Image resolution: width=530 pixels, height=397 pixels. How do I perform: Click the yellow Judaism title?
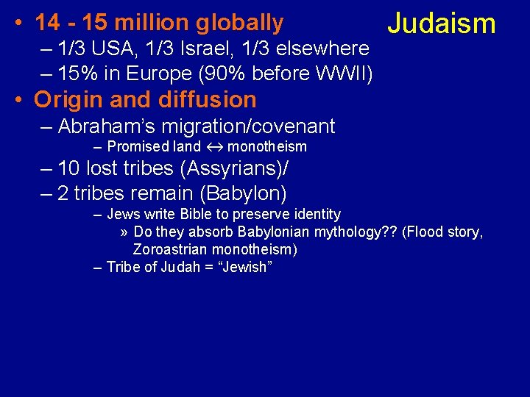pyautogui.click(x=442, y=24)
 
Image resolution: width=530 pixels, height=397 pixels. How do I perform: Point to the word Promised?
pyautogui.click(x=135, y=147)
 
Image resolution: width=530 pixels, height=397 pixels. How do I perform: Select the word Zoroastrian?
pyautogui.click(x=173, y=249)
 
